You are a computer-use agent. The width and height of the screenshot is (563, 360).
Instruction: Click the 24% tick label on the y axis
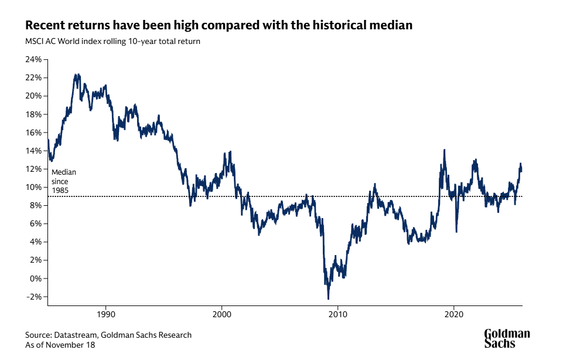tap(32, 60)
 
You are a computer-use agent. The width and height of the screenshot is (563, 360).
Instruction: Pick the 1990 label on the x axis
tap(106, 315)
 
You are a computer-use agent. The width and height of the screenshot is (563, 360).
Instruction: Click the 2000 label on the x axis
tap(221, 315)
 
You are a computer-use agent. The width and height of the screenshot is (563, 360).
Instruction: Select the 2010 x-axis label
tap(337, 315)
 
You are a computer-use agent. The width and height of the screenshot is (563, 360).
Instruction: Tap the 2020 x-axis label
tap(454, 315)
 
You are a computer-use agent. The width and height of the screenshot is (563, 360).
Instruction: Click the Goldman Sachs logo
tap(507, 338)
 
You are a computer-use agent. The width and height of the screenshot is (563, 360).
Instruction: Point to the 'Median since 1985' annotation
tap(63, 182)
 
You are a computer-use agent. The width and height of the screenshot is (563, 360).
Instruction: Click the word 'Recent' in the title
tap(45, 26)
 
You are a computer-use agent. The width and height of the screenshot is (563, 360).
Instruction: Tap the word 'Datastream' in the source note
tap(74, 335)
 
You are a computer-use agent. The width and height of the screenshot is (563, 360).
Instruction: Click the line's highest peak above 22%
tap(76, 75)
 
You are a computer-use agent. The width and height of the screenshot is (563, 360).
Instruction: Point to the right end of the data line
tap(521, 169)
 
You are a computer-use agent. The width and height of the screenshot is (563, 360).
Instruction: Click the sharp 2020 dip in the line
tap(456, 231)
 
